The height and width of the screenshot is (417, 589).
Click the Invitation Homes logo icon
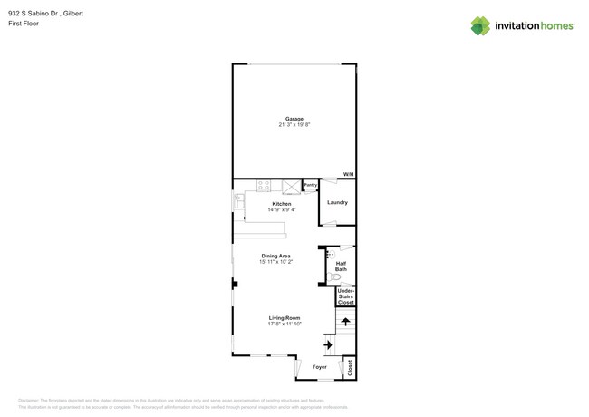click(480, 25)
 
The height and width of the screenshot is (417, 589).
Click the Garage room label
click(294, 119)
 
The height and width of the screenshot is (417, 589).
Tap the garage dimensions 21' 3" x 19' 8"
click(294, 125)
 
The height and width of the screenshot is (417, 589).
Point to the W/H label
click(348, 174)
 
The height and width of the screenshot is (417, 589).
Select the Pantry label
click(310, 185)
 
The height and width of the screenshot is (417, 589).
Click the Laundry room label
click(337, 202)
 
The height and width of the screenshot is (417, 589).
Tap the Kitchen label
click(282, 204)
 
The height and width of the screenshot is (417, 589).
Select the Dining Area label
click(276, 257)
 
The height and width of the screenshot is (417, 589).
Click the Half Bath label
click(341, 266)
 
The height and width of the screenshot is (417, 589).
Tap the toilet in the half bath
click(333, 276)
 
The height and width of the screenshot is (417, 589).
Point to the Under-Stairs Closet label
click(345, 296)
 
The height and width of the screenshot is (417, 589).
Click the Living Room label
click(284, 318)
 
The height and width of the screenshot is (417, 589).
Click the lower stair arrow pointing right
click(328, 344)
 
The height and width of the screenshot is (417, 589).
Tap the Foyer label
click(320, 367)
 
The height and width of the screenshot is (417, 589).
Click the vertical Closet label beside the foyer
click(350, 367)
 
